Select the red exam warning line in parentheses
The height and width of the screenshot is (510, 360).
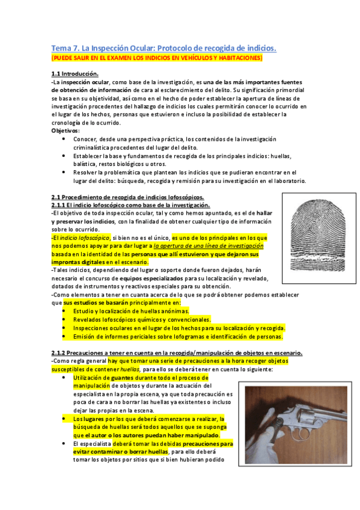click(157, 58)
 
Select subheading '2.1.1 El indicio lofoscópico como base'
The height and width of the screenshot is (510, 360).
click(126, 205)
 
